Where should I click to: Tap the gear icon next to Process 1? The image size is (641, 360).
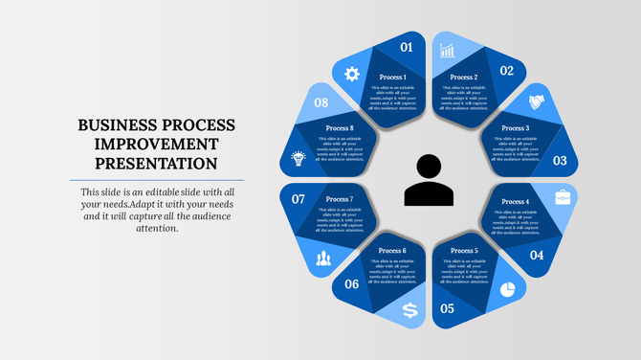[351, 73]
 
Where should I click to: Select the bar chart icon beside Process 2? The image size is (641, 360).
[447, 50]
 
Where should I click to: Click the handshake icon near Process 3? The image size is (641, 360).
[537, 102]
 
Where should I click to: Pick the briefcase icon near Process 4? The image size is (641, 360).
[564, 197]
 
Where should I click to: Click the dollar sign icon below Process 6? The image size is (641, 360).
[410, 309]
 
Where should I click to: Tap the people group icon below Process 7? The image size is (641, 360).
[323, 258]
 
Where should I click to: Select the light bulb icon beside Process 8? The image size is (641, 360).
[298, 158]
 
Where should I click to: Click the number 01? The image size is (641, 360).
[407, 47]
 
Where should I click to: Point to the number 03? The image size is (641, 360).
[561, 161]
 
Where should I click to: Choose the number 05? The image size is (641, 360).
[447, 309]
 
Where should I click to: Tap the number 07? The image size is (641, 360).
[298, 199]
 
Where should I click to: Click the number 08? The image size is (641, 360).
[322, 102]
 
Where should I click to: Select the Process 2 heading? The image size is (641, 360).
[464, 78]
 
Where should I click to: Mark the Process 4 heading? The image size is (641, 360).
[515, 202]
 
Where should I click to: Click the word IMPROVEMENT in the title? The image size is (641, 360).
[156, 145]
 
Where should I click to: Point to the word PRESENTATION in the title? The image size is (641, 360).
[156, 164]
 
